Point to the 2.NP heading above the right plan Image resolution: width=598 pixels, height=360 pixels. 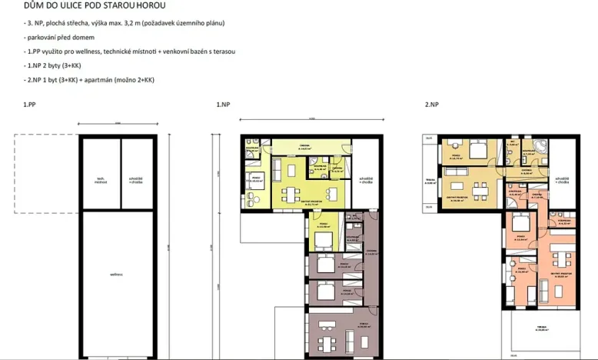(431, 104)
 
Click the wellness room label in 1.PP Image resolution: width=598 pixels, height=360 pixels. (117, 275)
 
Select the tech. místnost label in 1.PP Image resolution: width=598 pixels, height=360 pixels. (100, 181)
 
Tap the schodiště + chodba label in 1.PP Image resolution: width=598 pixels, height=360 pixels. (137, 181)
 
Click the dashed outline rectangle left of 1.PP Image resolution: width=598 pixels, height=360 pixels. (45, 172)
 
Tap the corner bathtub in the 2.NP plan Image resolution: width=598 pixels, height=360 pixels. (538, 145)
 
